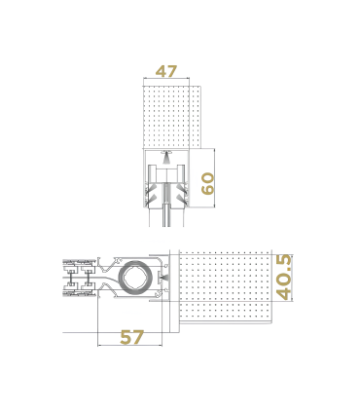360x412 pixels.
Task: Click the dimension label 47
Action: (x=165, y=71)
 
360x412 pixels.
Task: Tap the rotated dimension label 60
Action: (x=207, y=182)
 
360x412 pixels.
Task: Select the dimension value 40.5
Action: (x=284, y=276)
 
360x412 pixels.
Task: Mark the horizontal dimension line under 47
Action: (x=167, y=83)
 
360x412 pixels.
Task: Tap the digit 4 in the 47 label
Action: (x=160, y=71)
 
